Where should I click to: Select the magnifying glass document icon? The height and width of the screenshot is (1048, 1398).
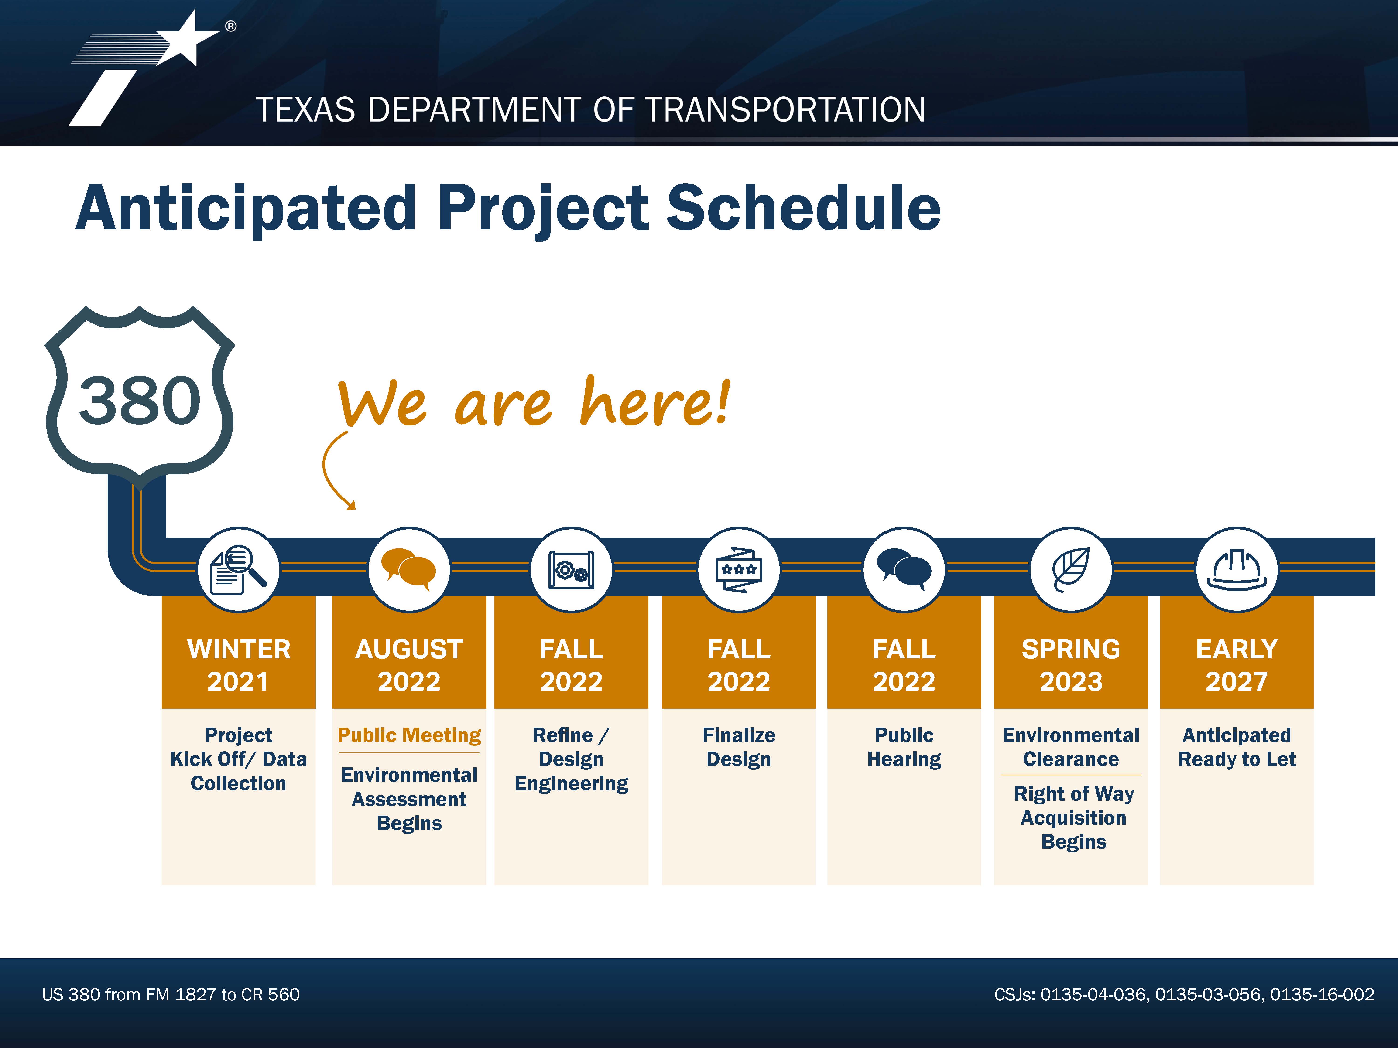(x=238, y=570)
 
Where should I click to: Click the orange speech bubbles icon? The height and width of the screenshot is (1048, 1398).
(x=409, y=568)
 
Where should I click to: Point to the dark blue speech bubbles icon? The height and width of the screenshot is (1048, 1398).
(x=904, y=568)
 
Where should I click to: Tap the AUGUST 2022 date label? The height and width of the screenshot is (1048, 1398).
(x=409, y=665)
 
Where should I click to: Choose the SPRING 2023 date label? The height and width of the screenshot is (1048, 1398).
(x=1071, y=665)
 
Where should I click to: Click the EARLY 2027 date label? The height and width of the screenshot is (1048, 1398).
(x=1237, y=665)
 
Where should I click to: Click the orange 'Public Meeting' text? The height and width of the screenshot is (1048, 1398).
(x=409, y=735)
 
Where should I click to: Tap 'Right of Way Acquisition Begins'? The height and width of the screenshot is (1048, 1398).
(x=1074, y=817)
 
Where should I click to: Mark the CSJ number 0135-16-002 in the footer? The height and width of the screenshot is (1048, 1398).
(x=1322, y=994)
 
